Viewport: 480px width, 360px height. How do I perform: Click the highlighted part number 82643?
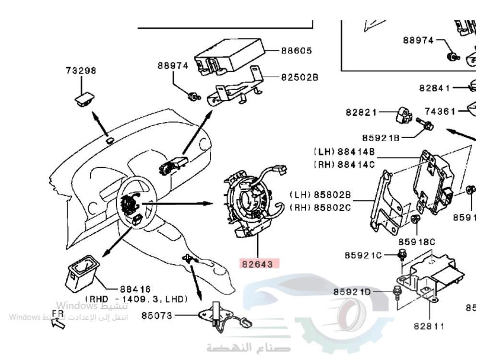(260, 264)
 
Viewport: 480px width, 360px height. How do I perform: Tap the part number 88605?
(296, 50)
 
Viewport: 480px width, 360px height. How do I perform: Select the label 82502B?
(299, 77)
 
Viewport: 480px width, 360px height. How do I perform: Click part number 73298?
(81, 71)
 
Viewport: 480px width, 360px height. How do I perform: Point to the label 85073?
(156, 316)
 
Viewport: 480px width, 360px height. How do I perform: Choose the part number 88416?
(135, 289)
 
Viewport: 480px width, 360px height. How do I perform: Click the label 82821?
(361, 112)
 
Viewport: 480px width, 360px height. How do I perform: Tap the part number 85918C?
(417, 241)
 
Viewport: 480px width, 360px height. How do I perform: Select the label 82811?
(429, 326)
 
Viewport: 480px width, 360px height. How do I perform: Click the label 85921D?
(352, 292)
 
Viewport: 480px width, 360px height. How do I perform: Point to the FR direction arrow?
(59, 324)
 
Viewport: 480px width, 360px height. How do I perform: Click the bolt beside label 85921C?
(401, 256)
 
